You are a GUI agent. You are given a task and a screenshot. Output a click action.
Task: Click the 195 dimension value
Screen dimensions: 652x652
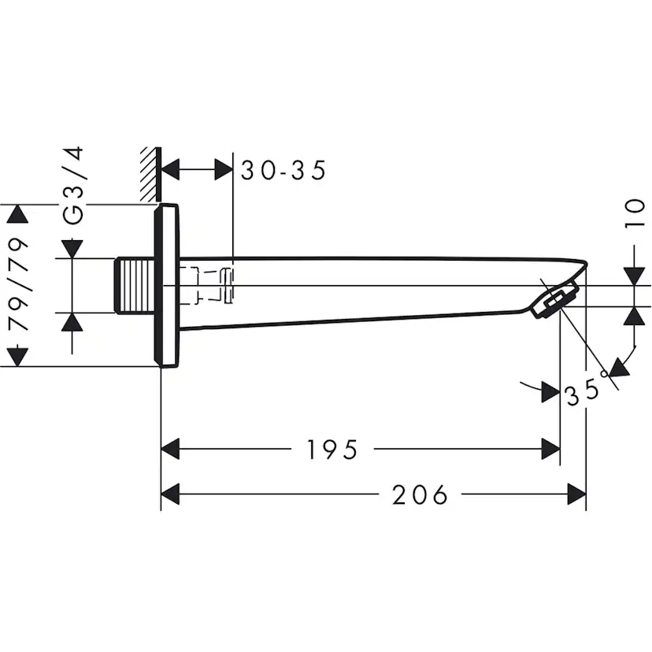pyautogui.click(x=332, y=450)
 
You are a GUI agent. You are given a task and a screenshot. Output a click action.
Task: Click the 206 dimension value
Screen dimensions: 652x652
pyautogui.click(x=420, y=495)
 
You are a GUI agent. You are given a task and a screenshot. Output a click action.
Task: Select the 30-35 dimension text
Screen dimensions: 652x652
pyautogui.click(x=283, y=170)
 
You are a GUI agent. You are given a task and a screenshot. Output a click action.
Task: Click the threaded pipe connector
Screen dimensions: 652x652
pyautogui.click(x=135, y=285)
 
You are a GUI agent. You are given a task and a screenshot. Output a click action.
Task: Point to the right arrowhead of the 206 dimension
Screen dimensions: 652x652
pyautogui.click(x=577, y=495)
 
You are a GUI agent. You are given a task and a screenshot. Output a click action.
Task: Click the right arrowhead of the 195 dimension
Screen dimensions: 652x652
pyautogui.click(x=550, y=450)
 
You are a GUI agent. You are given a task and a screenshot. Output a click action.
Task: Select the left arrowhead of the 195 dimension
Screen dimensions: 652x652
pyautogui.click(x=171, y=450)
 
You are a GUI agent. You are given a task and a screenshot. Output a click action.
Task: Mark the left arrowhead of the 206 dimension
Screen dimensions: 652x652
pyautogui.click(x=171, y=495)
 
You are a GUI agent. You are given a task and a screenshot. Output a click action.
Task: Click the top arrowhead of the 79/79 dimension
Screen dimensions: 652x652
pyautogui.click(x=17, y=213)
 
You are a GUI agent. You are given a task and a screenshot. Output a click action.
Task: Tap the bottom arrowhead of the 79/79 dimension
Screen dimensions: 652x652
pyautogui.click(x=17, y=357)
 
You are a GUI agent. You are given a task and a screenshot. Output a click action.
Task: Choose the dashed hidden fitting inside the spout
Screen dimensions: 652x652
pyautogui.click(x=207, y=285)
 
